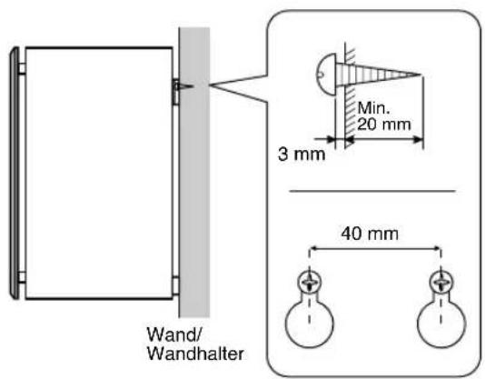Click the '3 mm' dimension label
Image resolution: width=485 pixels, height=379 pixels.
click(x=302, y=155)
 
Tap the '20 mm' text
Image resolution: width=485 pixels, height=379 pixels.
click(x=384, y=125)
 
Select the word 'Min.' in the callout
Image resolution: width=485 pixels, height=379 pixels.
click(x=373, y=108)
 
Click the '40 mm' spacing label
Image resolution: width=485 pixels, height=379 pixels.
click(x=370, y=234)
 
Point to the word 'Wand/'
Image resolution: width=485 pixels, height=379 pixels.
click(x=174, y=334)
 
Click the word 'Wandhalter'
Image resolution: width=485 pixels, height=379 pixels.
click(x=195, y=354)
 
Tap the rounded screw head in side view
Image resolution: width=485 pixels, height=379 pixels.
click(x=326, y=74)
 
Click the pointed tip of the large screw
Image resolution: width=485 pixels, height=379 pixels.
click(x=421, y=75)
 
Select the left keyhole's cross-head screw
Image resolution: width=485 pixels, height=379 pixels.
click(x=310, y=282)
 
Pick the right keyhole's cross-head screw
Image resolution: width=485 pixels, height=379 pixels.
click(x=441, y=282)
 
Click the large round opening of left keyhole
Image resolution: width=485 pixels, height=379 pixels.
click(x=310, y=324)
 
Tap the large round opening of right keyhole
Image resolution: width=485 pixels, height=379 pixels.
click(x=441, y=324)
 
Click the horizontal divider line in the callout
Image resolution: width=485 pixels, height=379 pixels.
click(x=372, y=191)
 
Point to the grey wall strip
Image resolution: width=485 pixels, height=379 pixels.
click(x=194, y=172)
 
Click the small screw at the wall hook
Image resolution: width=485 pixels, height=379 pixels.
click(x=186, y=85)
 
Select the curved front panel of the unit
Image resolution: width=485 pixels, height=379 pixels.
click(x=14, y=172)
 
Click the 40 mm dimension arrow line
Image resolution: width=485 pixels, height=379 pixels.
click(x=375, y=248)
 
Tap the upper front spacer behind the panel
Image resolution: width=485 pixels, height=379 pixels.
click(x=22, y=68)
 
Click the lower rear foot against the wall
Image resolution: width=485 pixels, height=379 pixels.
click(x=175, y=285)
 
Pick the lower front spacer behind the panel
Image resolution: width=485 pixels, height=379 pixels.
click(x=22, y=277)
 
